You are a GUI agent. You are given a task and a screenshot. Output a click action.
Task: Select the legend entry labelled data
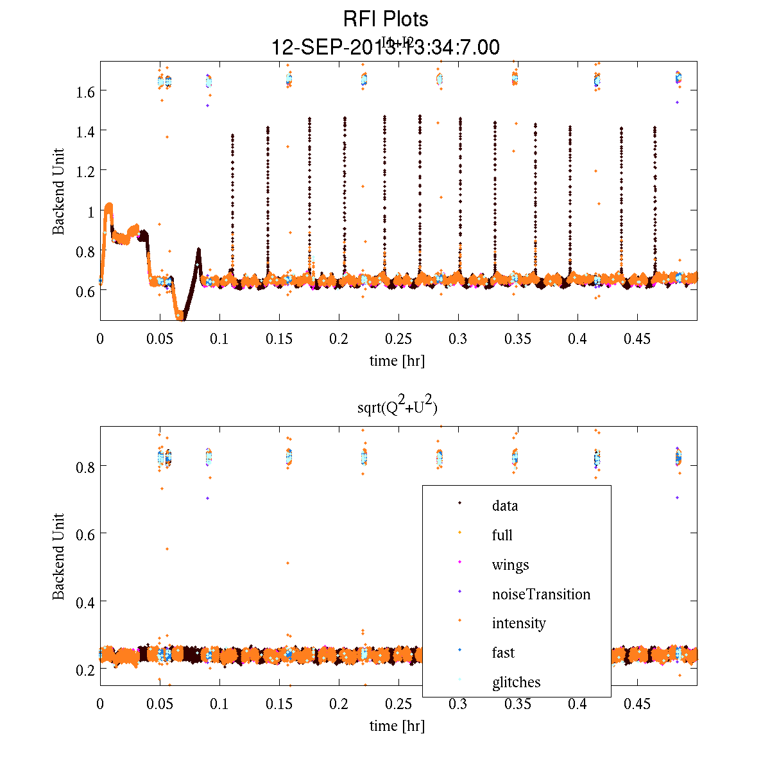[x=504, y=506]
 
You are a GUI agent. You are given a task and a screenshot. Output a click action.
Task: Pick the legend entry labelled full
[x=502, y=535]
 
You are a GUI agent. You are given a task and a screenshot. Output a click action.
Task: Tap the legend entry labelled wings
[x=510, y=565]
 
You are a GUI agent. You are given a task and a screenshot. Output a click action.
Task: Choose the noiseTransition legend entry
[x=541, y=594]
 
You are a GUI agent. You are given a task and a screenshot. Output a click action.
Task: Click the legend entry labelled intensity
[x=518, y=623]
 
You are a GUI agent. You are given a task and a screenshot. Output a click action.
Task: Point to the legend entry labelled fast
[x=503, y=653]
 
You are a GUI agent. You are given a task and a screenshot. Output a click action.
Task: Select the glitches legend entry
[x=516, y=682]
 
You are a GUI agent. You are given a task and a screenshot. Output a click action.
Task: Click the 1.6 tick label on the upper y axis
[x=85, y=91]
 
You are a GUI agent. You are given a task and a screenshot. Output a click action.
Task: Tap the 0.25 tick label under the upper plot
[x=398, y=339]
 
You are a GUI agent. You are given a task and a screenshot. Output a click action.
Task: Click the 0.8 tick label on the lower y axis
[x=85, y=467]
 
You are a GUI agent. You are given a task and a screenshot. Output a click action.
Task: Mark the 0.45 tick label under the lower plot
[x=637, y=705]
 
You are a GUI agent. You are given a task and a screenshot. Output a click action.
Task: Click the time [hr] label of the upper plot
[x=397, y=361]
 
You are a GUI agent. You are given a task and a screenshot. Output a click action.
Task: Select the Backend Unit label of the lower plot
[x=58, y=556]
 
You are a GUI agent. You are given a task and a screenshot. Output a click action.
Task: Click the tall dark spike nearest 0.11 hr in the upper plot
[x=232, y=193]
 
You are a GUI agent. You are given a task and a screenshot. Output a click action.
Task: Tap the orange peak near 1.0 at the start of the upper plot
[x=109, y=207]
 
